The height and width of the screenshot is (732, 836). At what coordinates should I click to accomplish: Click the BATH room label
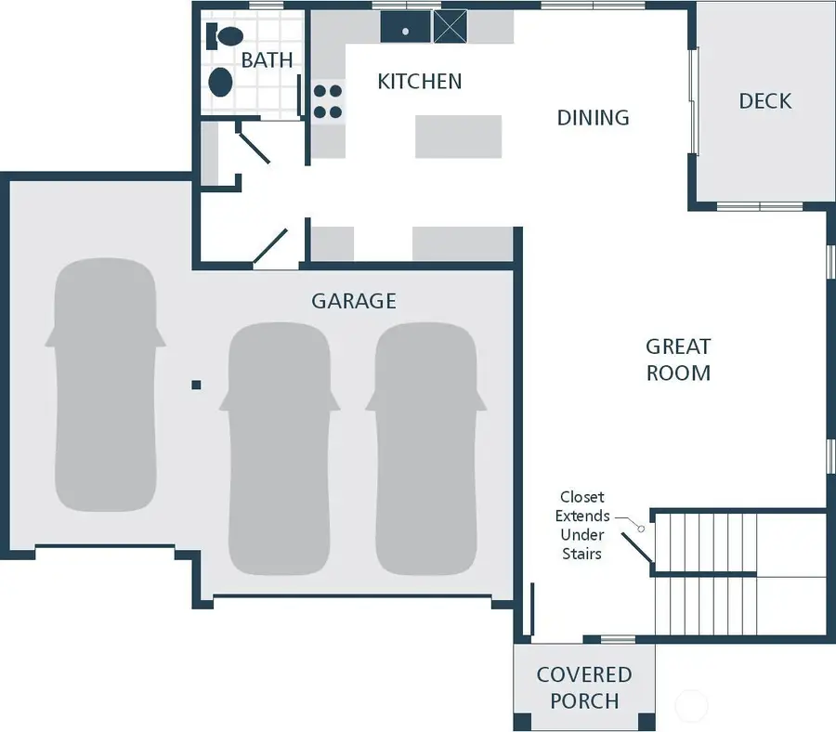267,60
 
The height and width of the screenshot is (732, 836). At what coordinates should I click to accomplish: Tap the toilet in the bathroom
224,37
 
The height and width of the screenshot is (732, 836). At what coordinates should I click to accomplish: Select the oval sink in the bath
220,82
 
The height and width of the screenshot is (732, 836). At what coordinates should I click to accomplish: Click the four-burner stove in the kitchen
327,102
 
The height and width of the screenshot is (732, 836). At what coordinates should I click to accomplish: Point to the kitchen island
458,137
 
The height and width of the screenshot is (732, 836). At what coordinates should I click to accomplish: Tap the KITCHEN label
419,82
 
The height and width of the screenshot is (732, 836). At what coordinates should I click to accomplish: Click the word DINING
593,118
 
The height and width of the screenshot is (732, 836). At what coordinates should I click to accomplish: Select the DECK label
764,101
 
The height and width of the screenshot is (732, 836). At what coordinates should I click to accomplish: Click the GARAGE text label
353,301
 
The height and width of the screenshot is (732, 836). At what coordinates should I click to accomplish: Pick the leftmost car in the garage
104,383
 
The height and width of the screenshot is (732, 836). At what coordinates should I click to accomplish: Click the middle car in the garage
279,449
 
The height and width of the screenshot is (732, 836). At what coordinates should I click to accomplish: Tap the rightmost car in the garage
426,449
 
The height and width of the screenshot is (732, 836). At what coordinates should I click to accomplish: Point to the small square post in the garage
196,384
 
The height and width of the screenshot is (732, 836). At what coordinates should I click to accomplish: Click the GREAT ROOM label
678,359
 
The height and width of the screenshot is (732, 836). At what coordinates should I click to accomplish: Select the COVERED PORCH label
583,686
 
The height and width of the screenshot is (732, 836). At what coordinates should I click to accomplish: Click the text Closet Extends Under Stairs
582,525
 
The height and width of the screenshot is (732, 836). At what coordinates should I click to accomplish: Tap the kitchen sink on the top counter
405,27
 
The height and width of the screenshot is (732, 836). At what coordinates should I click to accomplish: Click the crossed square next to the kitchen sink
450,27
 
